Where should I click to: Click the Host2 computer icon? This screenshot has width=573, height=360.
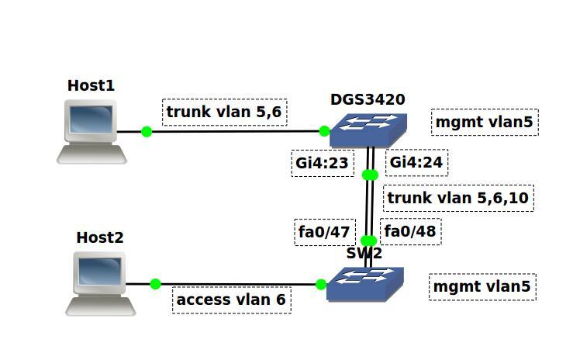(100, 285)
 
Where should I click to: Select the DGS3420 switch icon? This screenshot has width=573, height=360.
(368, 130)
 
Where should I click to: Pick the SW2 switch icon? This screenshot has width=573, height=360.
(365, 284)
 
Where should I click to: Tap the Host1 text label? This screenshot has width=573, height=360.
(91, 85)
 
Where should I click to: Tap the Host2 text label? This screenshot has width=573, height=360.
(99, 237)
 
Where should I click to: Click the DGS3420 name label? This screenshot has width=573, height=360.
(368, 99)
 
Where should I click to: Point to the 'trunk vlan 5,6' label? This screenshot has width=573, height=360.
(225, 112)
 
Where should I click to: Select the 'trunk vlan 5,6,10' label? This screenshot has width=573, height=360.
(457, 198)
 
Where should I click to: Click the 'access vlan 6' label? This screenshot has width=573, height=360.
(231, 300)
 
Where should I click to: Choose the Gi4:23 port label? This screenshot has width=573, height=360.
(321, 162)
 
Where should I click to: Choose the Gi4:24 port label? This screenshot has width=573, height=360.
(416, 162)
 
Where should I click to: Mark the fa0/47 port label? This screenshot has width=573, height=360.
(324, 231)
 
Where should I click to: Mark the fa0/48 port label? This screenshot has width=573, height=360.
(411, 231)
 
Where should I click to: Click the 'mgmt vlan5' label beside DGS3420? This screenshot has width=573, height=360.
(485, 122)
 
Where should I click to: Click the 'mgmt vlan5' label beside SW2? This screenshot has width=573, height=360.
(482, 286)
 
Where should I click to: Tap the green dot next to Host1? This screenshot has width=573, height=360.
(147, 131)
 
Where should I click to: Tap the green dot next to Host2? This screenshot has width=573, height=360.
(155, 284)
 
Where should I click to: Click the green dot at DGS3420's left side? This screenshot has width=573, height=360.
(324, 131)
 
